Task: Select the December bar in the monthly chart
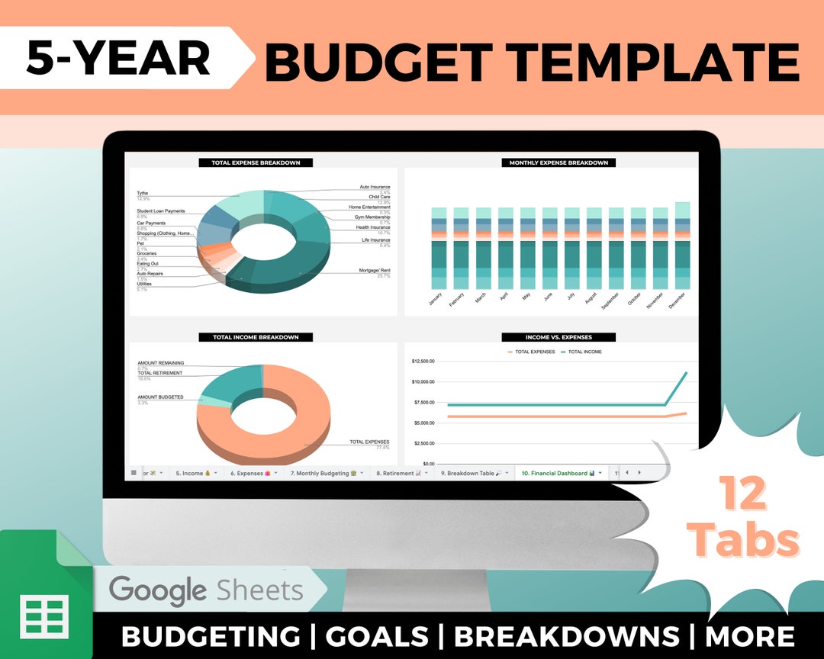pos(682,246)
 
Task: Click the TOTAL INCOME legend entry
pos(584,352)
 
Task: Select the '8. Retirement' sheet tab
pos(399,473)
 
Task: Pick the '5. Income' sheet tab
pos(192,473)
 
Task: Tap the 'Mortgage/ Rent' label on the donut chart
pos(374,271)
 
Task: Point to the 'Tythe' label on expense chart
pos(143,193)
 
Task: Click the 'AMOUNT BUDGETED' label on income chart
pos(160,397)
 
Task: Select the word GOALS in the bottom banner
pos(377,636)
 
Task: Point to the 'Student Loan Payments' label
pos(160,211)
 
